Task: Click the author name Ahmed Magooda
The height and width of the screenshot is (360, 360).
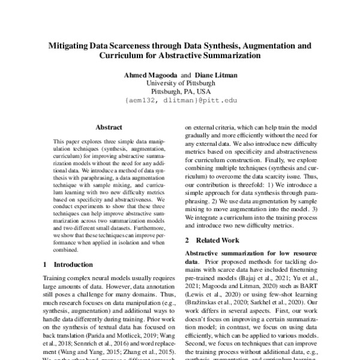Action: (x=151, y=74)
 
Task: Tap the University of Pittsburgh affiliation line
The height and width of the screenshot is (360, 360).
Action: (x=181, y=83)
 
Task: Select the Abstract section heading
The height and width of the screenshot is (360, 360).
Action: (x=109, y=127)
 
